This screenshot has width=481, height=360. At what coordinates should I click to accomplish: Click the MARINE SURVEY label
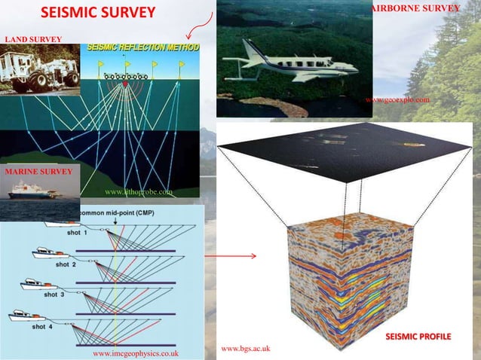[38, 172]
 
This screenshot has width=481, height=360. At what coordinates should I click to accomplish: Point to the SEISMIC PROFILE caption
[418, 334]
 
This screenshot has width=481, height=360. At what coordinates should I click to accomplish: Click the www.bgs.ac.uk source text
[246, 348]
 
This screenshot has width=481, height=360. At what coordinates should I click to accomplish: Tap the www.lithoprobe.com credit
[139, 193]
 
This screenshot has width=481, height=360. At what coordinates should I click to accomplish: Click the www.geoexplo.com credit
[397, 99]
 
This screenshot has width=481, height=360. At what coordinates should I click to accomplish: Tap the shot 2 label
[65, 264]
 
